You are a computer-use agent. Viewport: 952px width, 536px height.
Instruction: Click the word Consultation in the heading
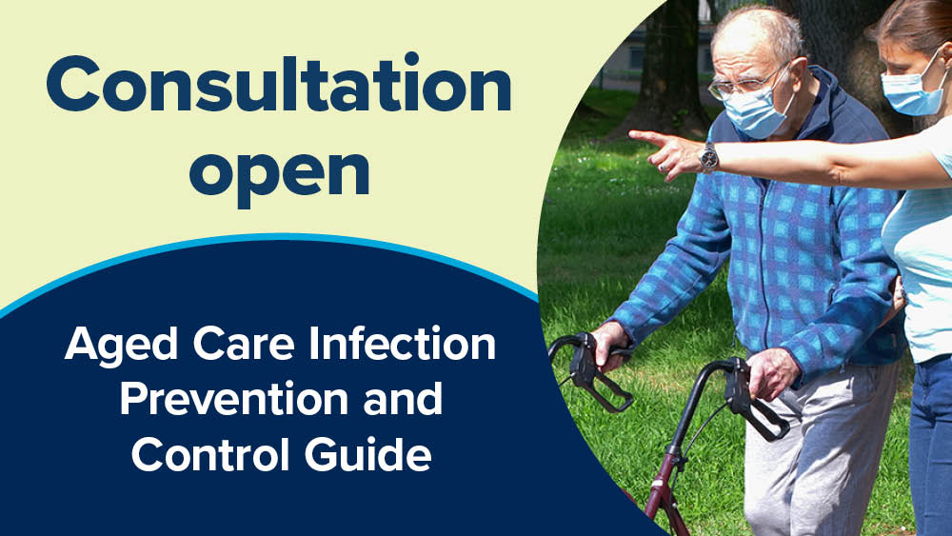[278, 88]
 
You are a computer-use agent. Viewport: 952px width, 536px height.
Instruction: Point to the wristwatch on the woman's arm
[708, 156]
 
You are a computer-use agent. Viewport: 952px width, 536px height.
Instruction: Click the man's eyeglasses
[743, 81]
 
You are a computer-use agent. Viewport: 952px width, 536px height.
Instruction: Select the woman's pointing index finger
[647, 137]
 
